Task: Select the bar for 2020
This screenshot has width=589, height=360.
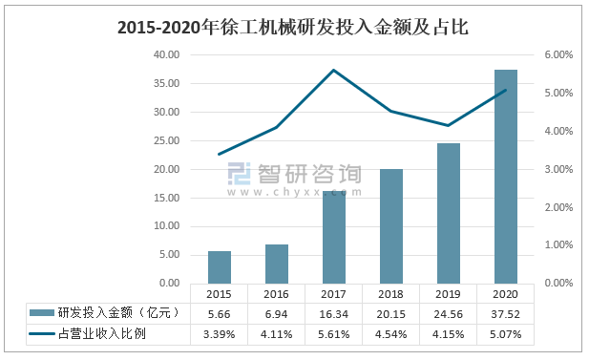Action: point(506,177)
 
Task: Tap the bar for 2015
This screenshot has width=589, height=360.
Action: point(220,267)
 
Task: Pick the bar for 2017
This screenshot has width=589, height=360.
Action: point(334,237)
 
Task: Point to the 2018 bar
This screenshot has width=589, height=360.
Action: point(391,226)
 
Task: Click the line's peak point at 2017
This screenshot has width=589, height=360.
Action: point(334,70)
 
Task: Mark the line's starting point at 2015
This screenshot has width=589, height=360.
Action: point(220,154)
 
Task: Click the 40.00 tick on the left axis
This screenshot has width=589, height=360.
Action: point(165,55)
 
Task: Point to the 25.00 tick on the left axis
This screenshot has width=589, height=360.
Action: point(165,141)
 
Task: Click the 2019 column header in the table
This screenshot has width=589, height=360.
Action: point(449,294)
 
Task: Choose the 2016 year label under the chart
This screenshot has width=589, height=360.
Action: point(277,294)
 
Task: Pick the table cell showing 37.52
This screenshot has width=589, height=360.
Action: point(506,313)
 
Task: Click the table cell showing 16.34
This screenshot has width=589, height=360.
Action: point(334,313)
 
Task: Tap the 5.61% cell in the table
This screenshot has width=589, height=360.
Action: point(334,333)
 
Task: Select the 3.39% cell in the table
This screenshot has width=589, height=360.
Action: point(220,333)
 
